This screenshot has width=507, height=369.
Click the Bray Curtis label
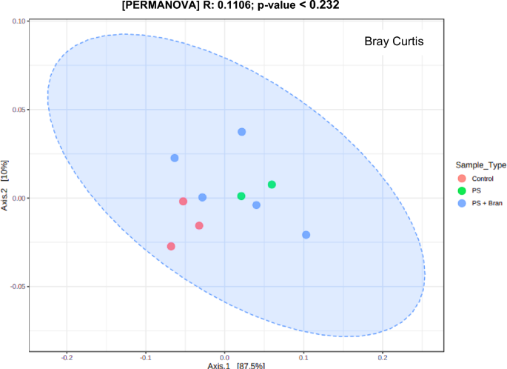coord(394,41)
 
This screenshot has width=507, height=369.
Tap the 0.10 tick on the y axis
coord(18,21)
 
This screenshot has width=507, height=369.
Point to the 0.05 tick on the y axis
coord(18,110)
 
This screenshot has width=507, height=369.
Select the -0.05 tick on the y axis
coord(16,286)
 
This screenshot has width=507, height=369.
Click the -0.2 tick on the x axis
coord(67,357)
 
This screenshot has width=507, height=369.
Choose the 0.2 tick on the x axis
coord(382,357)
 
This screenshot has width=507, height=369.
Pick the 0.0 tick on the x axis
coord(225,357)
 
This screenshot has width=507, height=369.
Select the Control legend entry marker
coord(461,178)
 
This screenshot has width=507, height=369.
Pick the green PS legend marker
coord(461,190)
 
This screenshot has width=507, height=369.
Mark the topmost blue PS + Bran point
coord(241,132)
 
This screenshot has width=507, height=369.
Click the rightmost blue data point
coord(306,235)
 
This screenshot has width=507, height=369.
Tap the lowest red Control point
coord(171,246)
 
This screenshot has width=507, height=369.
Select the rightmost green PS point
coord(272,184)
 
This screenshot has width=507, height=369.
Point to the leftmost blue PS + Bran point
coord(175,158)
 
